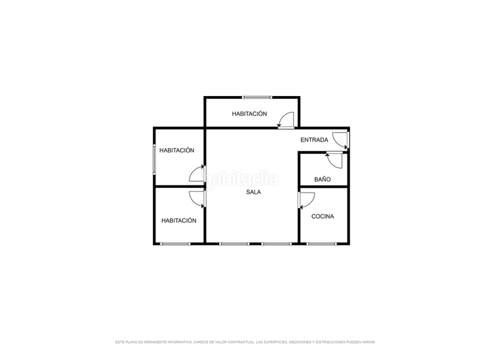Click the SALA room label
(x=253, y=193)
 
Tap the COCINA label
(x=323, y=217)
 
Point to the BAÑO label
(x=322, y=179)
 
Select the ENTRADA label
(x=314, y=140)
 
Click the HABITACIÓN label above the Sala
(x=250, y=113)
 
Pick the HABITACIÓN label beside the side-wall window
(x=176, y=151)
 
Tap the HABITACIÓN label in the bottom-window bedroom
(x=179, y=220)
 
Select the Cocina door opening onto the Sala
(x=306, y=200)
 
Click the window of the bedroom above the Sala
(x=257, y=97)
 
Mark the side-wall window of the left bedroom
(x=155, y=159)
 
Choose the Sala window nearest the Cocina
(x=277, y=244)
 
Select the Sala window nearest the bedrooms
(x=234, y=244)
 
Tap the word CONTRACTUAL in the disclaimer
(x=238, y=342)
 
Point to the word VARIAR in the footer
(x=368, y=342)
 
